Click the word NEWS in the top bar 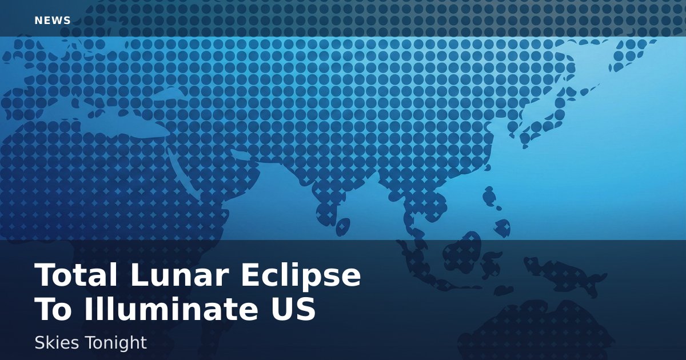click(53, 21)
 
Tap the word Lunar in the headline click(180, 275)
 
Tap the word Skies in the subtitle click(57, 342)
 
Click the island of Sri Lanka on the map click(343, 226)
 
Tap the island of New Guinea click(564, 275)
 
